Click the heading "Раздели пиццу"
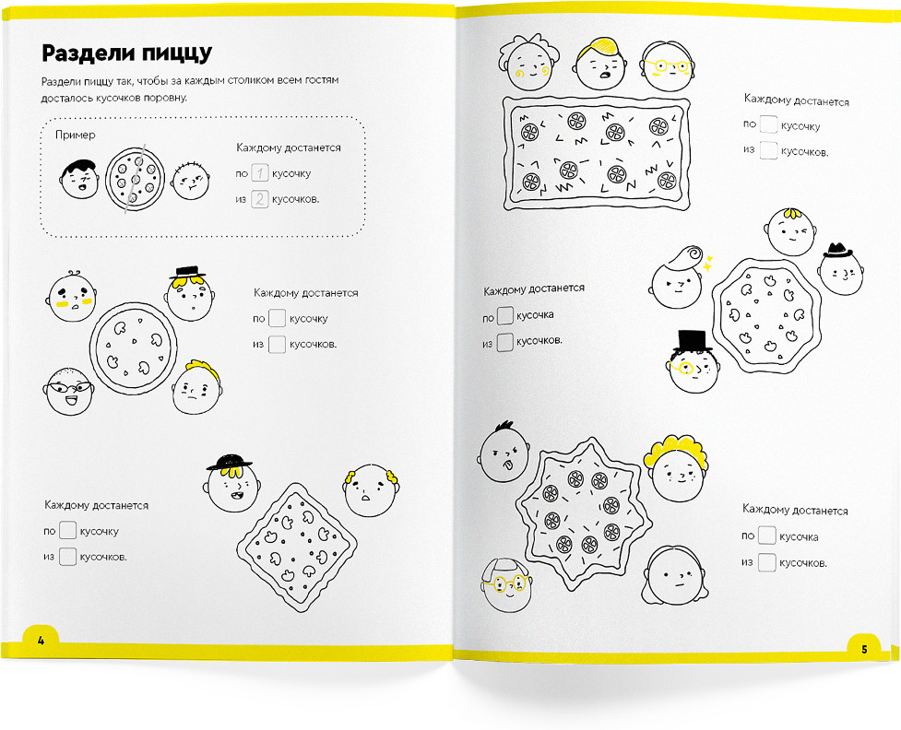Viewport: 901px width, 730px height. (x=127, y=53)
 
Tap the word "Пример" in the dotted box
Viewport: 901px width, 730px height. (x=76, y=135)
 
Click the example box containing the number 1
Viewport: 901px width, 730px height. (x=260, y=173)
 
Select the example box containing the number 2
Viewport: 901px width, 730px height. (x=260, y=199)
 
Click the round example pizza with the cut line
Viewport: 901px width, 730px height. (x=135, y=179)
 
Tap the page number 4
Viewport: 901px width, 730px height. (x=41, y=641)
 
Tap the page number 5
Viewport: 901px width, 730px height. (x=864, y=650)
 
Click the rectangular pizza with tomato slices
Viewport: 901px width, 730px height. (x=596, y=153)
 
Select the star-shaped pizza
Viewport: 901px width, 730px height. (x=583, y=514)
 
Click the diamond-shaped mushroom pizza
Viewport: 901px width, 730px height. (x=297, y=547)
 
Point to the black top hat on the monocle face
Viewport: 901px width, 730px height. (x=694, y=341)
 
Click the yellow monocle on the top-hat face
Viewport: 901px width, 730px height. (x=685, y=367)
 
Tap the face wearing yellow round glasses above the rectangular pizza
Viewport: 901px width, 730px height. (x=668, y=66)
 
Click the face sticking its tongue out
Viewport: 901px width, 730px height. (x=504, y=453)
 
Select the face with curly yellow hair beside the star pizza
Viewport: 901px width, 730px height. (x=678, y=468)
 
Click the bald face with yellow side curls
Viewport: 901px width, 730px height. (x=371, y=490)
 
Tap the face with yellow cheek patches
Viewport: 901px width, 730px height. (x=72, y=297)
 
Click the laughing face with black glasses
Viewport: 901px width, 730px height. (x=69, y=391)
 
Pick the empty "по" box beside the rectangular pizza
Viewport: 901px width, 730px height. (x=768, y=124)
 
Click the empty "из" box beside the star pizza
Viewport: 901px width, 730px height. (x=767, y=562)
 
